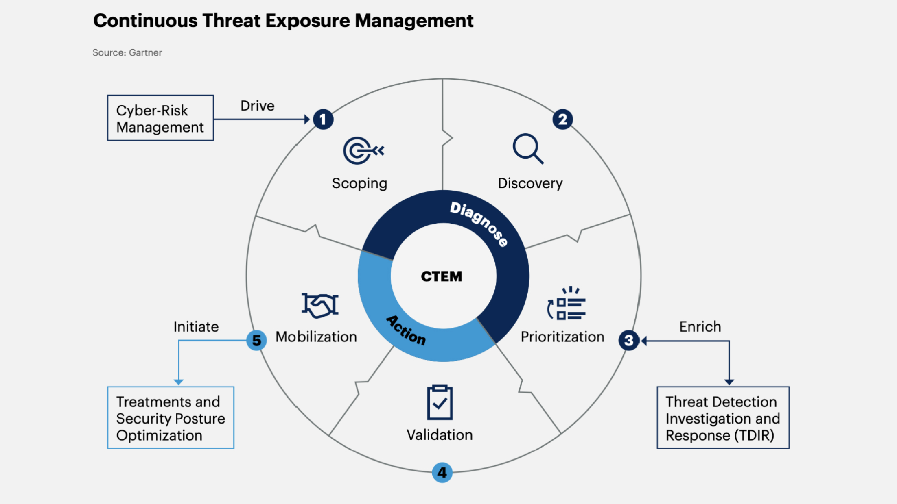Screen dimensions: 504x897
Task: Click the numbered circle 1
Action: [323, 119]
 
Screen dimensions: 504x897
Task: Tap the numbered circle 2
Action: [562, 119]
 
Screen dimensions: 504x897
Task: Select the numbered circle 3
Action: [628, 340]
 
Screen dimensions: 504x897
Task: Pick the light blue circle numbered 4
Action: [442, 472]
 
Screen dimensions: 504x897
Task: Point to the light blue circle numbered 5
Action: [256, 340]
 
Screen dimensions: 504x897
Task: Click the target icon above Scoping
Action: [363, 151]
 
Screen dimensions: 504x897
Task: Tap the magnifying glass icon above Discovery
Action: [528, 149]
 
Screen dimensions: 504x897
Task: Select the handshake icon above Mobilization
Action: [320, 305]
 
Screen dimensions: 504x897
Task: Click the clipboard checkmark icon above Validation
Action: [440, 402]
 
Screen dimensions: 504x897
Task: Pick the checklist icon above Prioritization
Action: [567, 304]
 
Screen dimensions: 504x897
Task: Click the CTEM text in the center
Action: [442, 276]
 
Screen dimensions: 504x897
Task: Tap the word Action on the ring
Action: [406, 330]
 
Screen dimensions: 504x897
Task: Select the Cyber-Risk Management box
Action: [160, 118]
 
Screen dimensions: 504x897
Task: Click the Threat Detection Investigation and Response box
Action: [723, 418]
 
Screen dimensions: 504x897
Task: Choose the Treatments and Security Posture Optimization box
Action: [171, 418]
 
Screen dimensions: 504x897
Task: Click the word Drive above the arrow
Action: [257, 106]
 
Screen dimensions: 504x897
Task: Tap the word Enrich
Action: [700, 327]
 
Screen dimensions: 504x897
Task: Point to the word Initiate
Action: [196, 327]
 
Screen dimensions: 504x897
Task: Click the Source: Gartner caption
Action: [127, 53]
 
